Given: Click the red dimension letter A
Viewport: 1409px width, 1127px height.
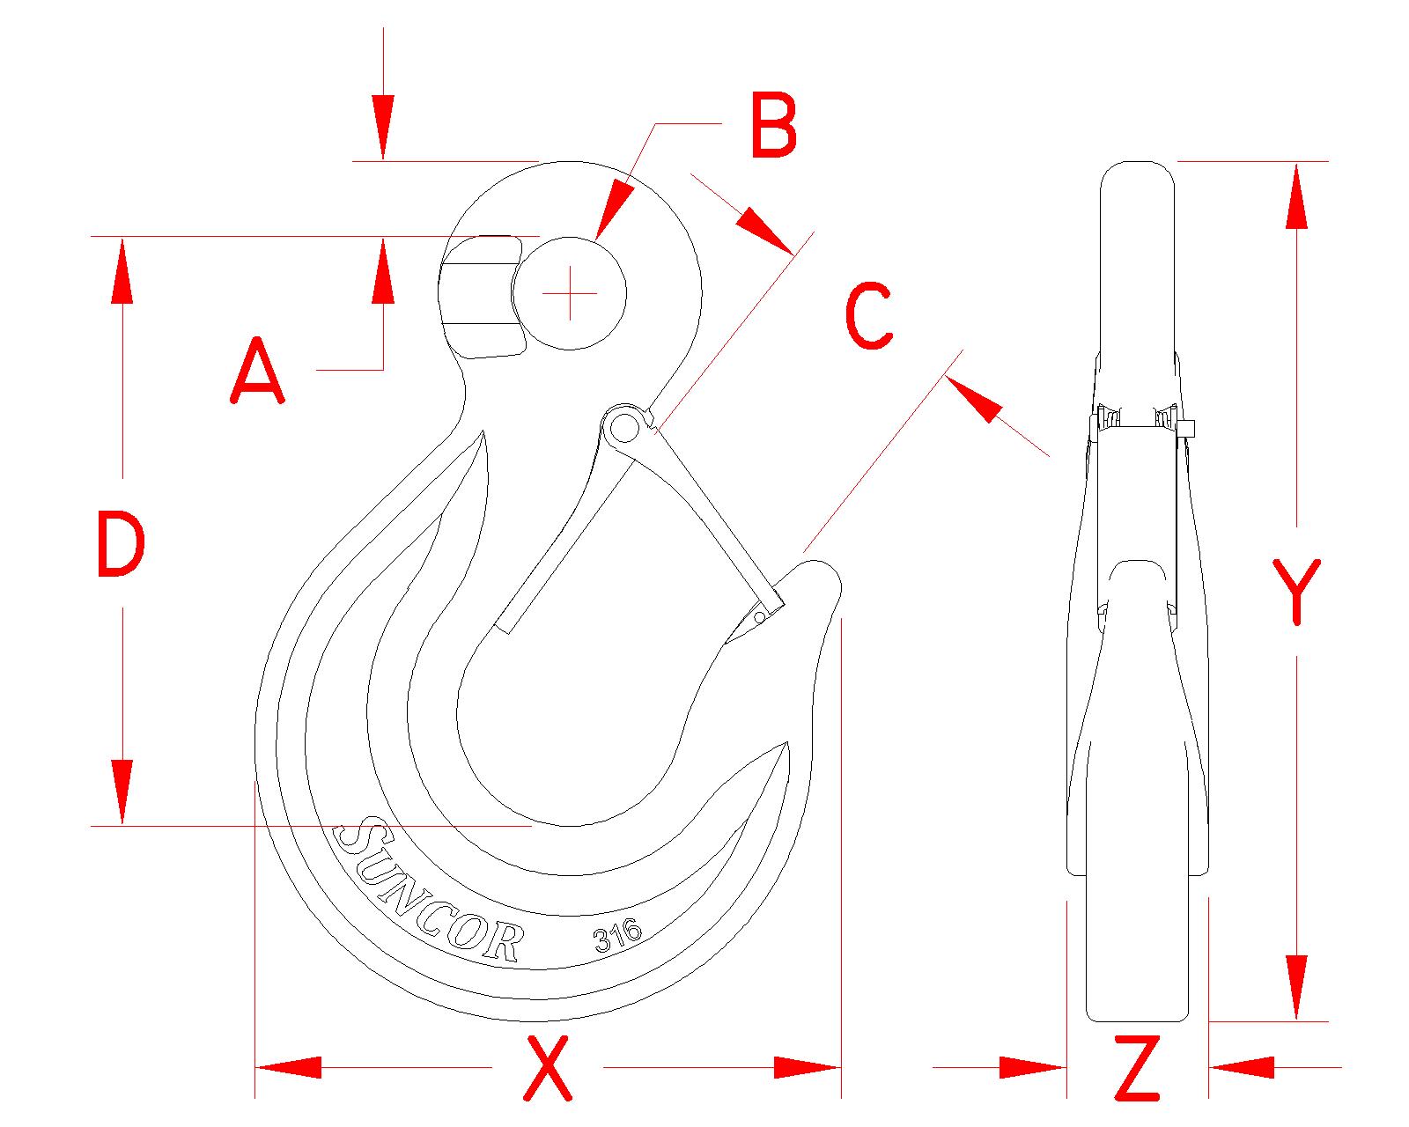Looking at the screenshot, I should point(257,372).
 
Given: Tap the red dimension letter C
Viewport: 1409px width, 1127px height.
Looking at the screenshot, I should point(868,316).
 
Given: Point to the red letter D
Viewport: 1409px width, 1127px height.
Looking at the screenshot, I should point(120,545).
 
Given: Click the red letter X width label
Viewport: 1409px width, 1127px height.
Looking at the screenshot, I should point(548,1069).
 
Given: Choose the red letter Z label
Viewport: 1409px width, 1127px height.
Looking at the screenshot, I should point(1137,1069).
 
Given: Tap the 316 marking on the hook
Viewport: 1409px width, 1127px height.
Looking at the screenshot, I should point(618,935).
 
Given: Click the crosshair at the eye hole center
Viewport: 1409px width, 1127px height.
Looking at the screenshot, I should point(570,292).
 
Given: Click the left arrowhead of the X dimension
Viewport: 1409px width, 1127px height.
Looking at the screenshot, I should point(286,1068).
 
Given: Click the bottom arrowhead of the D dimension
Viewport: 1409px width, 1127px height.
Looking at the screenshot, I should point(122,792).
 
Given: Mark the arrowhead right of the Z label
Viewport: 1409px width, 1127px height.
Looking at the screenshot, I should point(1242,1068).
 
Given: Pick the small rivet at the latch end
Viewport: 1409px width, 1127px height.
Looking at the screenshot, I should point(759,617).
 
